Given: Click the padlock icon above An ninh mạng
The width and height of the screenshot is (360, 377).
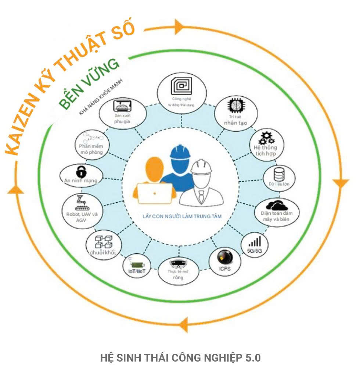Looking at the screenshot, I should coord(80,171).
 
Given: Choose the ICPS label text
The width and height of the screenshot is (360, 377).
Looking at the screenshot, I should coord(224,269).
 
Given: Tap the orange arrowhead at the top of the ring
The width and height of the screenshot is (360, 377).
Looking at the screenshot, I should coord(180,26).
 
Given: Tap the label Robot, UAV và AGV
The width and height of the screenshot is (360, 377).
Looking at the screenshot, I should coord(79,217).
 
